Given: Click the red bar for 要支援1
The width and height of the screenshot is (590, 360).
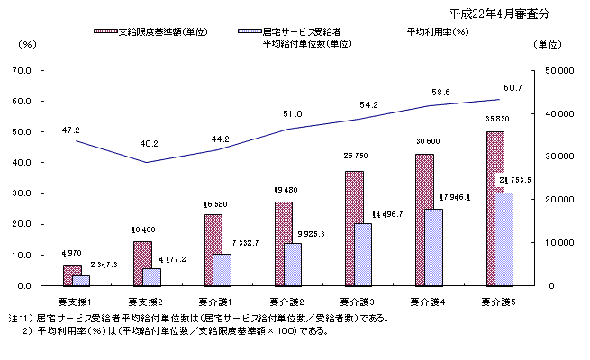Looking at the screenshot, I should pyautogui.click(x=71, y=275).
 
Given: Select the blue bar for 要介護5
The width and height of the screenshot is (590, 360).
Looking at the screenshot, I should pyautogui.click(x=504, y=239).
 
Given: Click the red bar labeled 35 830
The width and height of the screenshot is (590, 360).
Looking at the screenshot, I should pyautogui.click(x=495, y=209).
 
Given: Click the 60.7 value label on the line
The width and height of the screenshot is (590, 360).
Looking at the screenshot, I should pyautogui.click(x=513, y=87).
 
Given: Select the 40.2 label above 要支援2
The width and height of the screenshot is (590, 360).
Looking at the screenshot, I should pyautogui.click(x=150, y=143).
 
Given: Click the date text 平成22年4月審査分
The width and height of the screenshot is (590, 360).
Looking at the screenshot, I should pyautogui.click(x=498, y=14).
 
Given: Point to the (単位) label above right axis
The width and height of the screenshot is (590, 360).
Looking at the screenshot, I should pyautogui.click(x=547, y=43).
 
